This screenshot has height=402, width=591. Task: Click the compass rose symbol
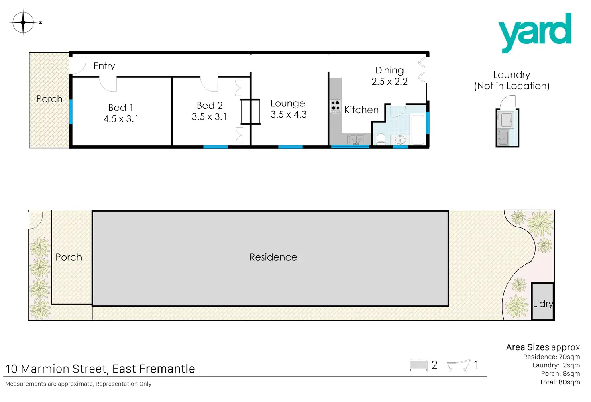click(x=23, y=22)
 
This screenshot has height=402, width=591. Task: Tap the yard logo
click(x=534, y=32)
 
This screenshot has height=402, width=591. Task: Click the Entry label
click(x=104, y=66)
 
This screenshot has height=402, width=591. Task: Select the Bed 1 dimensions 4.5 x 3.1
click(x=121, y=119)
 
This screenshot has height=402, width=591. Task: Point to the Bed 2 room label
click(x=210, y=106)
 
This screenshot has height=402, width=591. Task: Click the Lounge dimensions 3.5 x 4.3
click(x=288, y=115)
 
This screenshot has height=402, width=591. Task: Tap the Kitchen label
click(x=361, y=110)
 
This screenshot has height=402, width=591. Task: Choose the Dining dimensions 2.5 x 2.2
click(x=389, y=82)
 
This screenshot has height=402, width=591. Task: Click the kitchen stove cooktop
click(x=336, y=106)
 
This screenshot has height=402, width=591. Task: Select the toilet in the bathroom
click(x=381, y=139)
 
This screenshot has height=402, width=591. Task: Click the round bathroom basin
click(x=400, y=140)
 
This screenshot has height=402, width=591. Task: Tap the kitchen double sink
click(x=356, y=139)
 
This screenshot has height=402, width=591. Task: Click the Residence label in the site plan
click(x=273, y=257)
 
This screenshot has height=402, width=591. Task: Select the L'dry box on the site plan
click(x=543, y=302)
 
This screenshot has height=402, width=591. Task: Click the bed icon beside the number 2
click(x=418, y=365)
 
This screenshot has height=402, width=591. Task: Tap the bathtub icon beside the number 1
click(x=459, y=365)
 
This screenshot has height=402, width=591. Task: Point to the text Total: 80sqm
click(x=559, y=382)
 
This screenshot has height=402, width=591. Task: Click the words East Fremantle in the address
click(x=153, y=369)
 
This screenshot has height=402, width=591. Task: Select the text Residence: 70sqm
click(x=551, y=357)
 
